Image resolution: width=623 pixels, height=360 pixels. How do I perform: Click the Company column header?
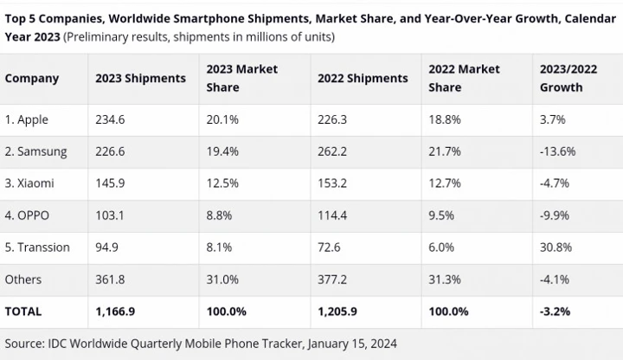[32, 78]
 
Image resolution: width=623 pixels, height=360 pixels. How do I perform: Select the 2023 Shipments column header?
[140, 78]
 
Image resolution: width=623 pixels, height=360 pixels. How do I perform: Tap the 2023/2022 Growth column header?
[568, 78]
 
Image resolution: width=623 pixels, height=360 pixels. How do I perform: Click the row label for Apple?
[28, 120]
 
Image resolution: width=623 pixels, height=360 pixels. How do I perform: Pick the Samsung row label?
[35, 151]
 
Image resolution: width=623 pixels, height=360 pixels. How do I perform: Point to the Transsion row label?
[37, 247]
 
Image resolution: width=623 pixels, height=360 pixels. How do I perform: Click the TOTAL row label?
[23, 310]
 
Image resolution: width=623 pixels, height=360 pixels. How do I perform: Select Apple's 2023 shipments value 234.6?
[110, 120]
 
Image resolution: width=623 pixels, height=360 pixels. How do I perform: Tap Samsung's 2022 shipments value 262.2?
[332, 151]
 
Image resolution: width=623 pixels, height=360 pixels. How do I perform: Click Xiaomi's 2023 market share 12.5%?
[221, 183]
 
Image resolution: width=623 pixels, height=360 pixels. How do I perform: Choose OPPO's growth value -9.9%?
[555, 215]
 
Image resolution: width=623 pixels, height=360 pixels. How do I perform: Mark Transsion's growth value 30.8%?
[556, 247]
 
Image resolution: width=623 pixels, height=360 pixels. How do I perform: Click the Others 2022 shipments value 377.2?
[332, 279]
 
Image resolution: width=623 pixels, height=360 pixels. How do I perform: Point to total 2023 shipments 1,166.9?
[117, 310]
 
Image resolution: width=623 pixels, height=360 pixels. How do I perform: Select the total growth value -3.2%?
[556, 310]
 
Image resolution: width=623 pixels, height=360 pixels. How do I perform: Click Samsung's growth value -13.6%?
[558, 151]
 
